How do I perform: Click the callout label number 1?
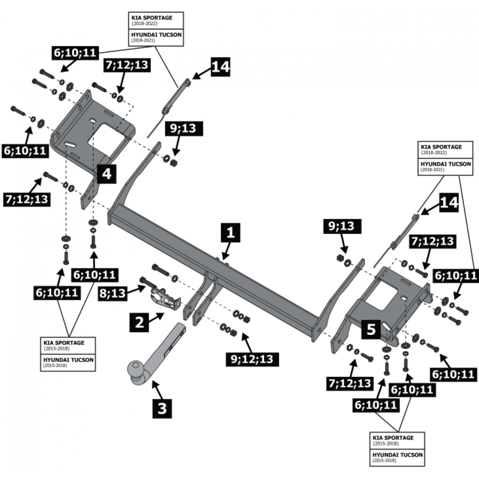[231, 233]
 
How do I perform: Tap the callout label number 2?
[139, 322]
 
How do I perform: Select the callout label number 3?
[162, 408]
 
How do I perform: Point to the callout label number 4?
[107, 174]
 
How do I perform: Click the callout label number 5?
[371, 330]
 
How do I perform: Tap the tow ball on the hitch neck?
[135, 369]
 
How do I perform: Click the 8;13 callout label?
[112, 293]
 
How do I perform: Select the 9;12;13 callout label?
[252, 359]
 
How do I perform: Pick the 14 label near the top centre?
[220, 67]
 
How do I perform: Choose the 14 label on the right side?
[449, 203]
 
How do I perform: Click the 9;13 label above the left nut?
[184, 128]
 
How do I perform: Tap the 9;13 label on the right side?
[342, 226]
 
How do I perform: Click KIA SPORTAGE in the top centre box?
[152, 18]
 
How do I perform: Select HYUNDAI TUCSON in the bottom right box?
[397, 455]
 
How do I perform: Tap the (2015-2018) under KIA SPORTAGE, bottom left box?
[56, 349]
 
